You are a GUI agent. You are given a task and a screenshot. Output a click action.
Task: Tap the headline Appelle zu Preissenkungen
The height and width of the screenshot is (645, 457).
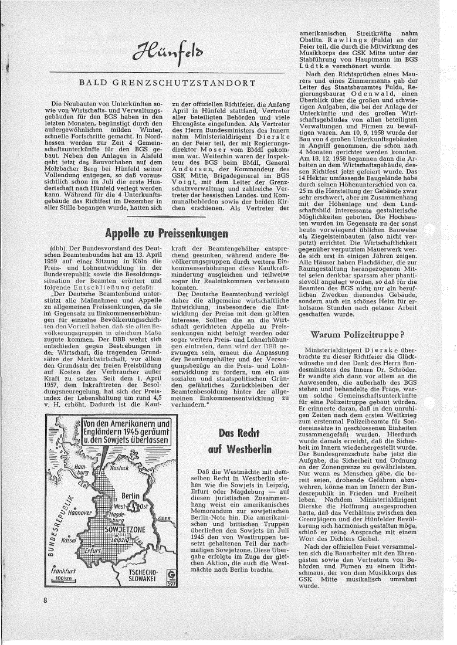coord(167,219)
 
